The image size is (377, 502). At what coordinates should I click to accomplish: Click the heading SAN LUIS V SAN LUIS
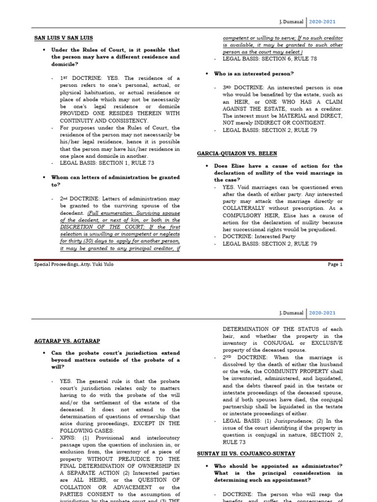63,38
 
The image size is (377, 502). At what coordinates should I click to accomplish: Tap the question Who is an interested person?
254,74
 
